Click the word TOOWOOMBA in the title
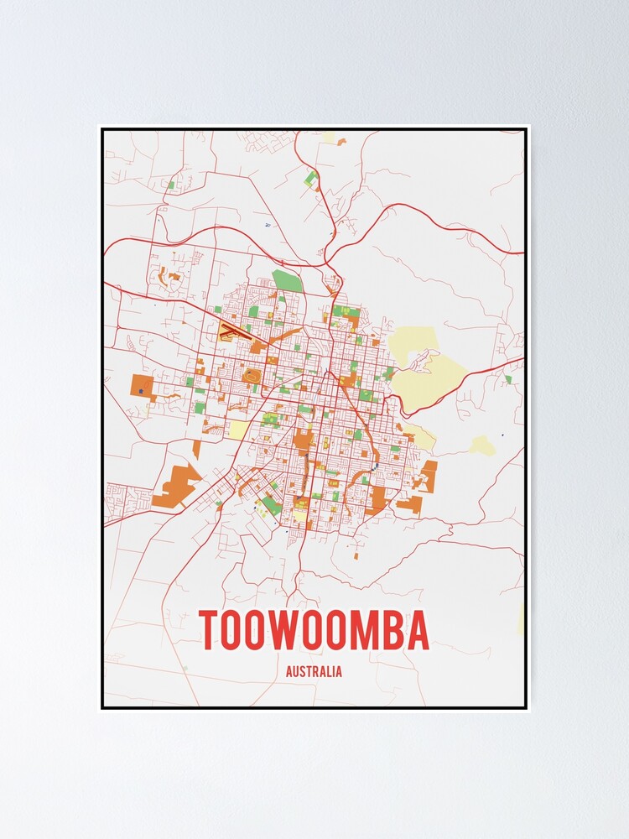[x=314, y=630]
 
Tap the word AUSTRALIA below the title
[x=314, y=672]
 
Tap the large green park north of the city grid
[x=287, y=280]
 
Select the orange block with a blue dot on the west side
[x=142, y=388]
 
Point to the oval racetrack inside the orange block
[x=251, y=378]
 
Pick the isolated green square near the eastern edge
[x=508, y=379]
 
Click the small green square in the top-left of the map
[x=170, y=185]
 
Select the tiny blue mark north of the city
[x=267, y=225]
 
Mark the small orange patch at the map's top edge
[x=341, y=141]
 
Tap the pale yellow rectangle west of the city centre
[x=238, y=430]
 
